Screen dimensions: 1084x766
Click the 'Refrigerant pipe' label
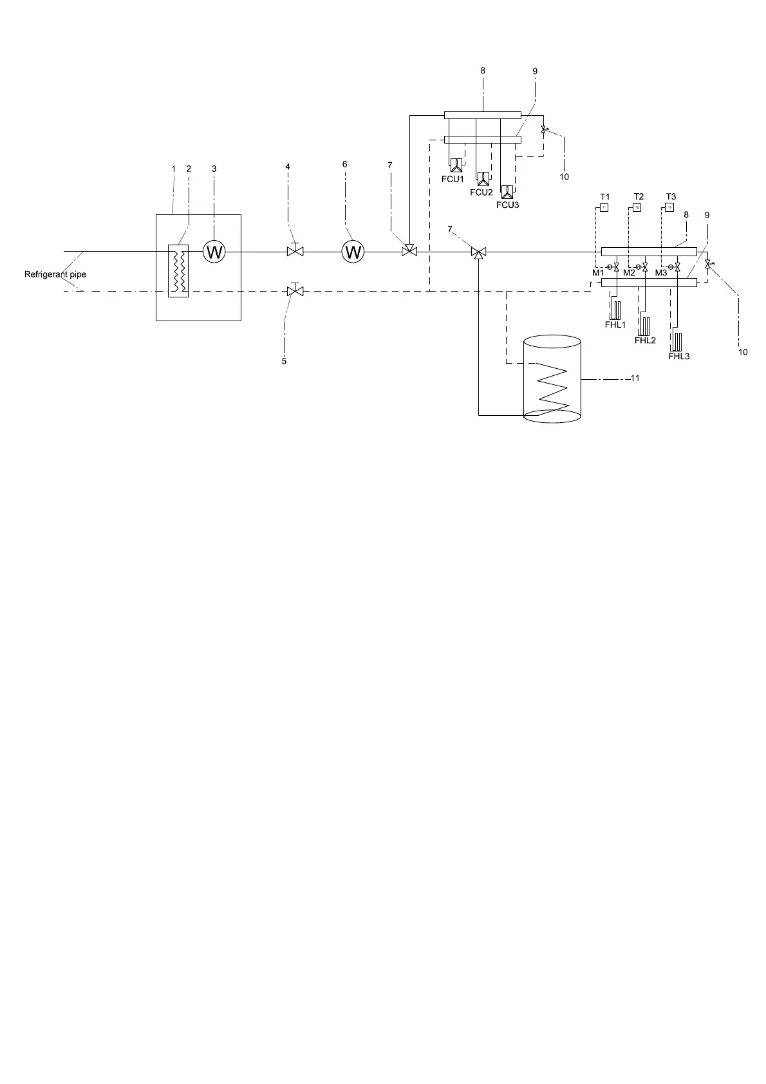pyautogui.click(x=55, y=274)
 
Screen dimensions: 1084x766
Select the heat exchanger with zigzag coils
pyautogui.click(x=178, y=270)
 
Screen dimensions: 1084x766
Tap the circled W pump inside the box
pyautogui.click(x=214, y=252)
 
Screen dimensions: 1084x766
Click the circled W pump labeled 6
pyautogui.click(x=353, y=252)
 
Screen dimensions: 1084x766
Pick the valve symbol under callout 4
pyautogui.click(x=295, y=251)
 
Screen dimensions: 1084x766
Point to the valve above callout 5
pyautogui.click(x=295, y=291)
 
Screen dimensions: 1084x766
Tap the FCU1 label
pyautogui.click(x=453, y=179)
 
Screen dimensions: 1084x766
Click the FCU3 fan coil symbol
pyautogui.click(x=508, y=192)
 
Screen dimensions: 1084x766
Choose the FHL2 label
pyautogui.click(x=645, y=340)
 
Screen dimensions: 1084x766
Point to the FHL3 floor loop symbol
pyautogui.click(x=677, y=341)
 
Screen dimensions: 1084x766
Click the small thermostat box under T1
pyautogui.click(x=604, y=207)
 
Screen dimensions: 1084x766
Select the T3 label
pyautogui.click(x=671, y=196)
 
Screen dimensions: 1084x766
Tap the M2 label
pyautogui.click(x=629, y=274)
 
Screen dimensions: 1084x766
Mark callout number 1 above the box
pyautogui.click(x=173, y=168)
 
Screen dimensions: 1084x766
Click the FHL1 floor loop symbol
pyautogui.click(x=616, y=310)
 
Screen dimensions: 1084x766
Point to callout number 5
pyautogui.click(x=284, y=361)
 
